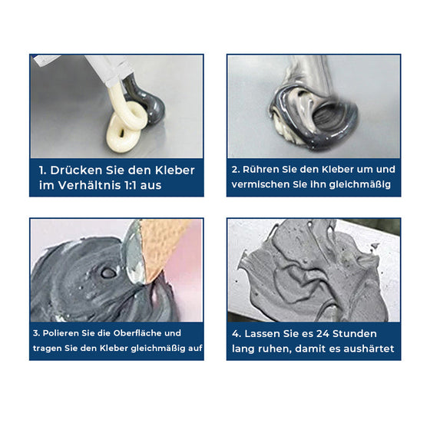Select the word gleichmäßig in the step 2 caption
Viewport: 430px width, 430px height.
(x=360, y=184)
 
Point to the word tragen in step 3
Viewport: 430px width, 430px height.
(x=49, y=348)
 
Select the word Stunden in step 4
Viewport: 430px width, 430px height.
(x=360, y=333)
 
